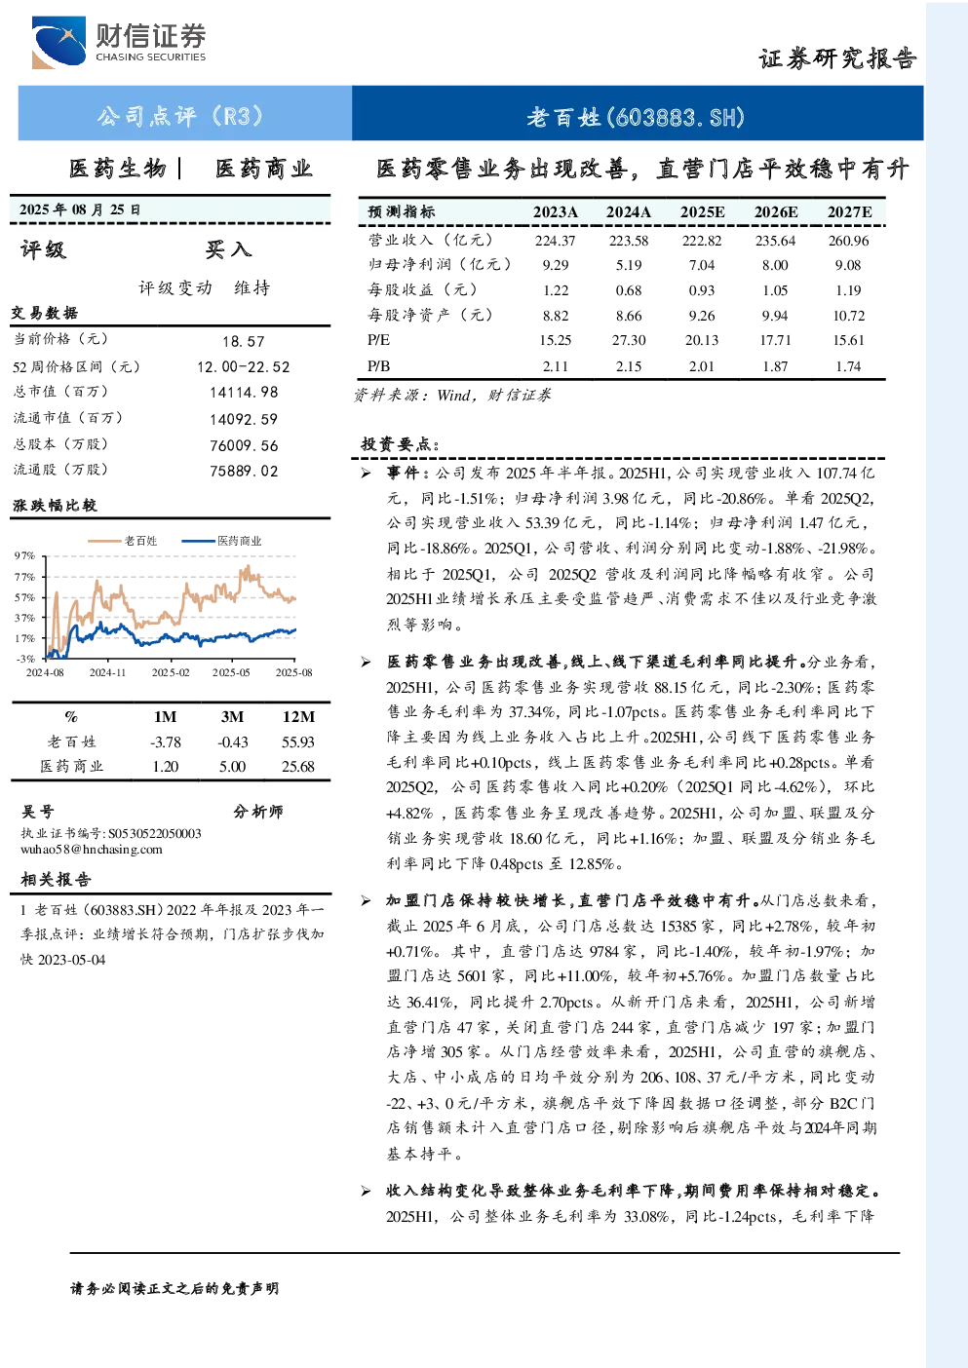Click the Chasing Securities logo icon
pyautogui.click(x=59, y=42)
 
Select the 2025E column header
pyautogui.click(x=702, y=211)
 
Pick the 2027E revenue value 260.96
pyautogui.click(x=848, y=241)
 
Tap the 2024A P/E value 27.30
pyautogui.click(x=628, y=340)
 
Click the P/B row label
pyautogui.click(x=378, y=366)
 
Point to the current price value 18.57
pyautogui.click(x=244, y=341)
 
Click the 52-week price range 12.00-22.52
pyautogui.click(x=244, y=367)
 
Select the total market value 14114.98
pyautogui.click(x=244, y=392)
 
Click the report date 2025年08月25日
pyautogui.click(x=80, y=209)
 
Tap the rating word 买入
pyautogui.click(x=228, y=249)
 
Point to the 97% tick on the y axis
pyautogui.click(x=24, y=555)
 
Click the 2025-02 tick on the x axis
pyautogui.click(x=171, y=672)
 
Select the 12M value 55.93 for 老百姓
pyautogui.click(x=297, y=742)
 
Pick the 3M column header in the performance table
pyautogui.click(x=232, y=716)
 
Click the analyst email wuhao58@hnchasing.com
pyautogui.click(x=92, y=850)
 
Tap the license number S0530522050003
pyautogui.click(x=155, y=834)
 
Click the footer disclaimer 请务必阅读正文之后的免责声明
pyautogui.click(x=174, y=1289)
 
